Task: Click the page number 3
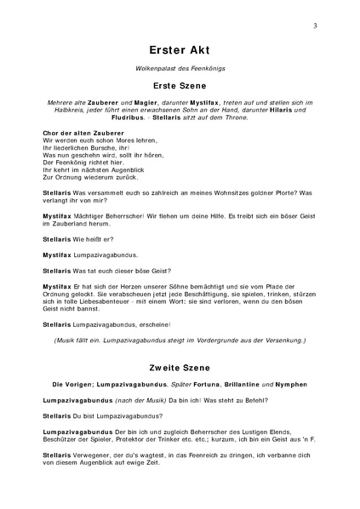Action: coord(315,26)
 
